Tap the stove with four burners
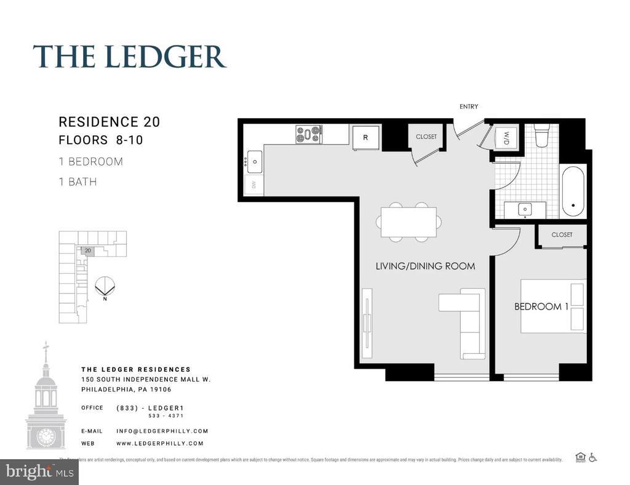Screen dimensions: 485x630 click(x=309, y=134)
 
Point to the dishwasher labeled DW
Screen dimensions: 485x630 click(x=253, y=185)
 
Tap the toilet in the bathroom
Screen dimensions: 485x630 click(x=542, y=136)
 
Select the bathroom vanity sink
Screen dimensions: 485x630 click(x=525, y=210)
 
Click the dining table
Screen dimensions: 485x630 click(x=409, y=222)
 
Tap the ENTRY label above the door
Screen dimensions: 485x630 click(x=469, y=106)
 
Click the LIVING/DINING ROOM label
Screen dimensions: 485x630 click(x=425, y=267)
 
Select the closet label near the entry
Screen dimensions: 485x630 click(x=426, y=137)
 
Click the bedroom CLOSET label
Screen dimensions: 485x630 click(x=562, y=234)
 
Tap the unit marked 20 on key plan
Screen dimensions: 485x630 click(x=88, y=251)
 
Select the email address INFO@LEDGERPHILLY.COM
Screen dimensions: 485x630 click(x=162, y=431)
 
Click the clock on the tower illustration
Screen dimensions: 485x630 click(x=46, y=436)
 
